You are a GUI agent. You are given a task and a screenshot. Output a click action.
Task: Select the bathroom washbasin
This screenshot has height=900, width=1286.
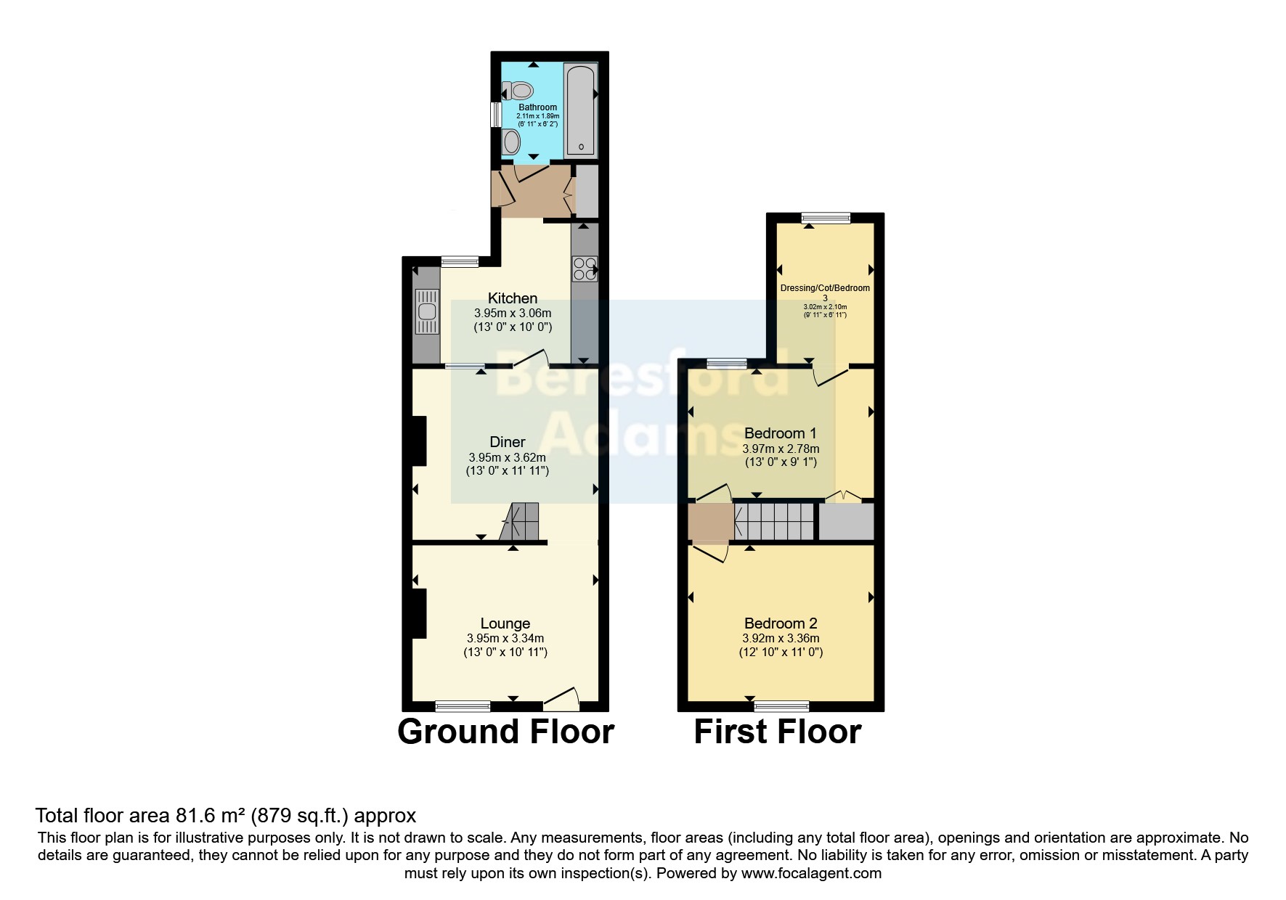point(511,141)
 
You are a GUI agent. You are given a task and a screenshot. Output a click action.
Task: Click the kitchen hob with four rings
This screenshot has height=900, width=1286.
point(585,269)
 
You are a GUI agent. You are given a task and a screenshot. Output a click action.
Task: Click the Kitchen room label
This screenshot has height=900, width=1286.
point(513,298)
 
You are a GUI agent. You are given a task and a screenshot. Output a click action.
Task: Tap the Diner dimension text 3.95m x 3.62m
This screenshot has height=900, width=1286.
point(507,457)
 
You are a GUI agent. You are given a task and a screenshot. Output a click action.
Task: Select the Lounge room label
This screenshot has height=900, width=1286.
point(505,623)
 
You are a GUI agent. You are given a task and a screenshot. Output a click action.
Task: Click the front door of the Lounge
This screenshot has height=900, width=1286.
point(562,699)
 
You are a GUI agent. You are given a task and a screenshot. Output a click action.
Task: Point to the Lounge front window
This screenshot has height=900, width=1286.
point(463,705)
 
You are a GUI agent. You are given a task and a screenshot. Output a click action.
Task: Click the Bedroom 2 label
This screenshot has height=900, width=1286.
point(781,623)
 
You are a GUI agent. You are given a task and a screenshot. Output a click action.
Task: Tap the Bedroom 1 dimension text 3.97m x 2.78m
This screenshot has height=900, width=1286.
point(781,449)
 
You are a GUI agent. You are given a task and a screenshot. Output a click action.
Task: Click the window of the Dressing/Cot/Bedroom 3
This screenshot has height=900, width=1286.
point(826,217)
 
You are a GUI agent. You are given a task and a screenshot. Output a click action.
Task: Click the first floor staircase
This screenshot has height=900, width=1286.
point(775,522)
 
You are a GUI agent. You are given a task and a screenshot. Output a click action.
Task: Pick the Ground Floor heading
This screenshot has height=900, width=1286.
point(506,732)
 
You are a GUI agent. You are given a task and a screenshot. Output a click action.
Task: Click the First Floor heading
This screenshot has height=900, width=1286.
point(778,732)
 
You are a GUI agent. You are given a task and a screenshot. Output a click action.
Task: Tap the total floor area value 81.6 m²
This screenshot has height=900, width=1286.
point(211,816)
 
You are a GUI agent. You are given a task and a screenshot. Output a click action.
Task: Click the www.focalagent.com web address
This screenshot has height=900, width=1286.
point(811,873)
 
